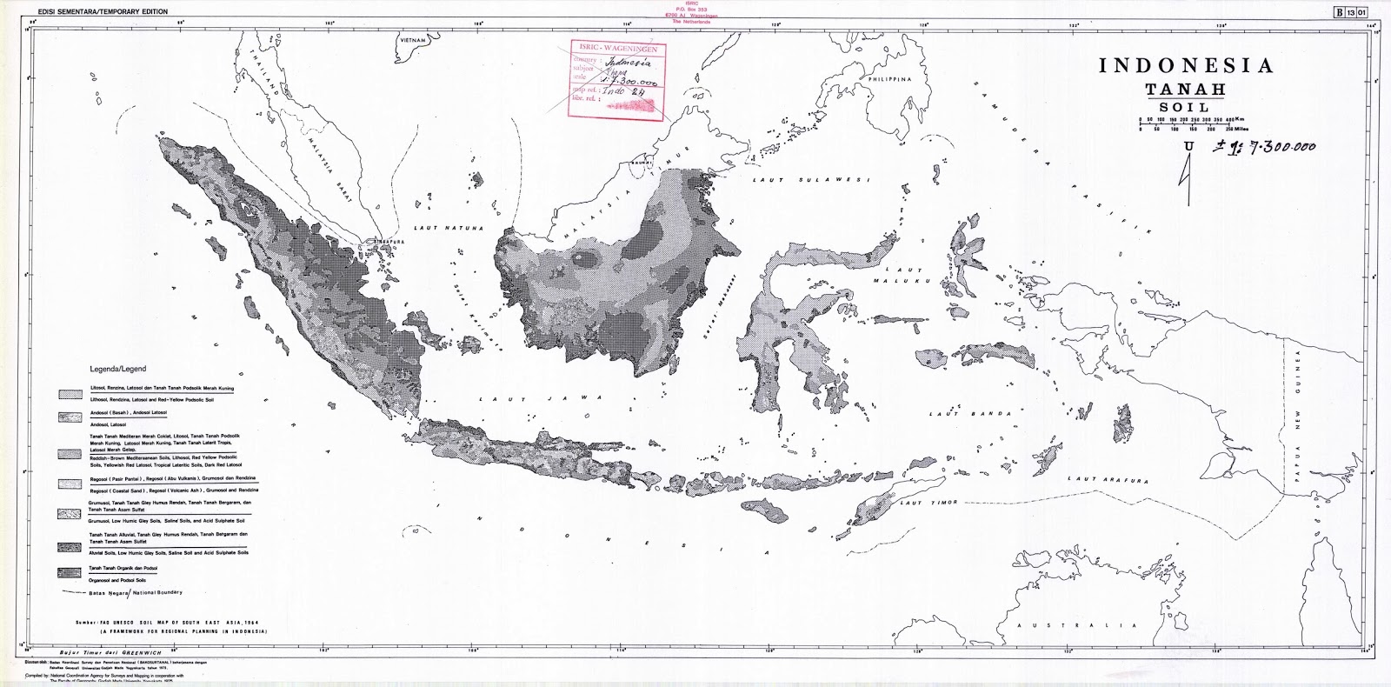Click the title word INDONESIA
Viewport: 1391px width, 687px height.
pyautogui.click(x=1186, y=66)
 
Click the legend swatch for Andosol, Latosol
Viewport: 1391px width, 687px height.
pyautogui.click(x=71, y=418)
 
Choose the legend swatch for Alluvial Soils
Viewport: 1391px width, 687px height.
pyautogui.click(x=71, y=546)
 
